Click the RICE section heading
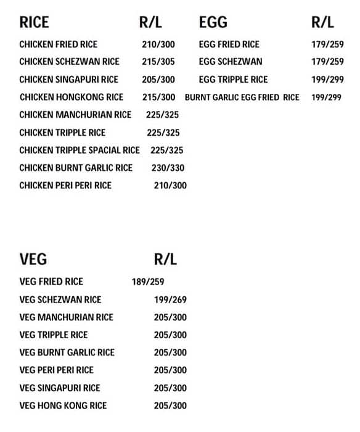point(34,23)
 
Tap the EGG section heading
point(213,23)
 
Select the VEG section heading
point(33,259)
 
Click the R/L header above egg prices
point(322,23)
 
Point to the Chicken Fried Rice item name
point(58,44)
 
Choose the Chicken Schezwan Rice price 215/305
point(158,62)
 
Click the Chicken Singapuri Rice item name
point(68,80)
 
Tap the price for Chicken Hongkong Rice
point(158,98)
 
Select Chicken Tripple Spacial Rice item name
point(80,150)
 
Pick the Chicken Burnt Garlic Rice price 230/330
point(168,168)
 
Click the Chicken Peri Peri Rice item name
point(65,185)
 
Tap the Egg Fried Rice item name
point(229,44)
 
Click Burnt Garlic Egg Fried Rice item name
point(242,98)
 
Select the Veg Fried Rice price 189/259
point(148,282)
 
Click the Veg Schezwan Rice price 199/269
point(170,300)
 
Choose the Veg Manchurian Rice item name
point(67,317)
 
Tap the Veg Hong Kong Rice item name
point(63,405)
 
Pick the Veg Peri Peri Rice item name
point(57,370)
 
